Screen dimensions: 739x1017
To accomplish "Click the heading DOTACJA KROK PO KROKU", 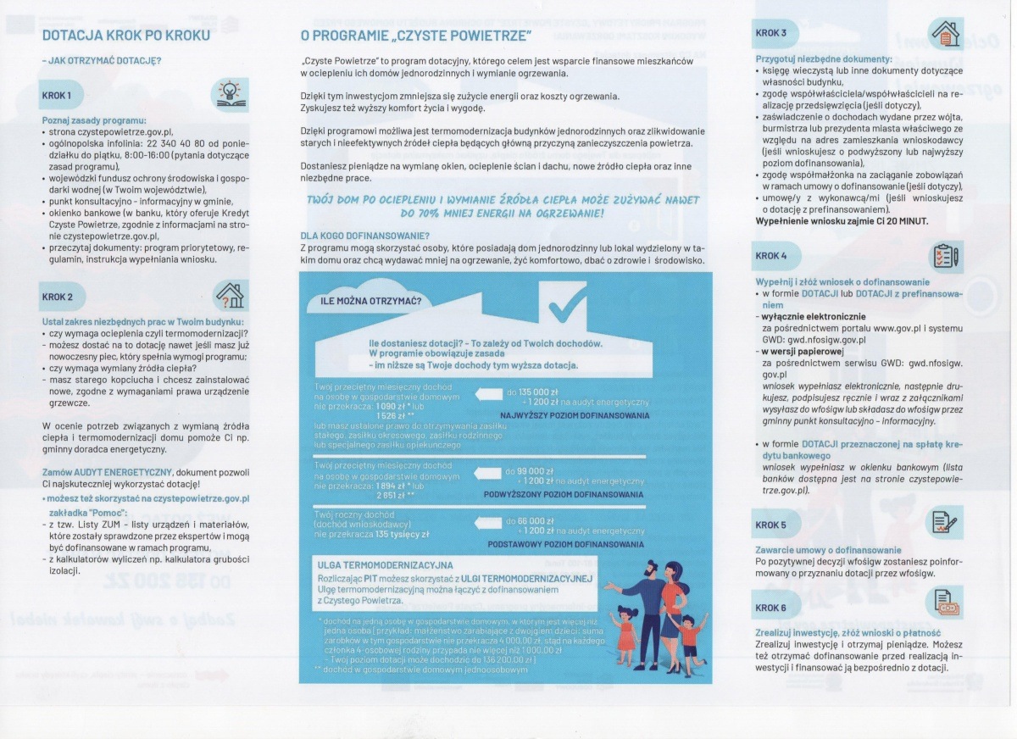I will [x=125, y=36].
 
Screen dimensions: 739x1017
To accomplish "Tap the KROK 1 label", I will [x=58, y=95].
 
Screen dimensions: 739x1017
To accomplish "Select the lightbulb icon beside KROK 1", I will [x=229, y=92].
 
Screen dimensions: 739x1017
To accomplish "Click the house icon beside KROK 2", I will [x=229, y=295].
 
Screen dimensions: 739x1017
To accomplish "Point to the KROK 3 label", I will [x=771, y=34].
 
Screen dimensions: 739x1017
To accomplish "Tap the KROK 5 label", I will [x=771, y=525].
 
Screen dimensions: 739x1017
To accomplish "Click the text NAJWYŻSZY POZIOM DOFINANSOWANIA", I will [x=575, y=415].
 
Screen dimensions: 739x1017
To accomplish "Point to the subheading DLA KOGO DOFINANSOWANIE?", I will [x=364, y=235].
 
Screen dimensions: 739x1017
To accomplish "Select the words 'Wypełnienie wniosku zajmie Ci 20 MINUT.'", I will [x=842, y=220].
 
